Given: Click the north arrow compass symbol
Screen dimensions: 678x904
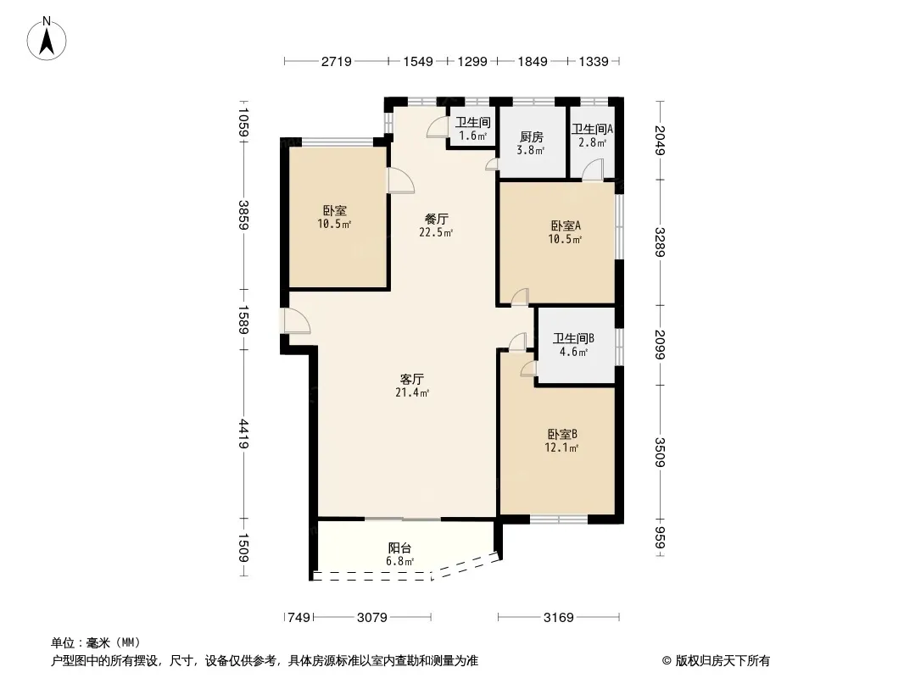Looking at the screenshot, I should tap(48, 38).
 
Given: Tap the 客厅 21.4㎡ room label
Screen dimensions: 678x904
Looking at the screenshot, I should tap(412, 386).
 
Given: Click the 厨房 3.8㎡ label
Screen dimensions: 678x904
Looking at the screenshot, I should tap(531, 143).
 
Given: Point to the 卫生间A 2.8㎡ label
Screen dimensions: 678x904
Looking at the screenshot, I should tap(592, 136).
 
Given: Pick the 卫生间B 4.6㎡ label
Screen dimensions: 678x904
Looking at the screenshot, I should tap(573, 345).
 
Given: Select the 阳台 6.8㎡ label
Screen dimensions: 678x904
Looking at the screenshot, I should tap(399, 553).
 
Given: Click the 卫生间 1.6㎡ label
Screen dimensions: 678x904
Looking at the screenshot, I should tap(472, 129).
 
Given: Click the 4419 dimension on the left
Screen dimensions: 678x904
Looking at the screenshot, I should tap(244, 435).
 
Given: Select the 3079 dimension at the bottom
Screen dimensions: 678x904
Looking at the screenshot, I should tap(371, 618).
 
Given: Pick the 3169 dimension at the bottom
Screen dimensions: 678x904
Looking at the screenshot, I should tap(558, 618).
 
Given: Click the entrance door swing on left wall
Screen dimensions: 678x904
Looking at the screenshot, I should tap(294, 323).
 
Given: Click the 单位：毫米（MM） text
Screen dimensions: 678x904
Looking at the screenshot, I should tap(95, 642).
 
